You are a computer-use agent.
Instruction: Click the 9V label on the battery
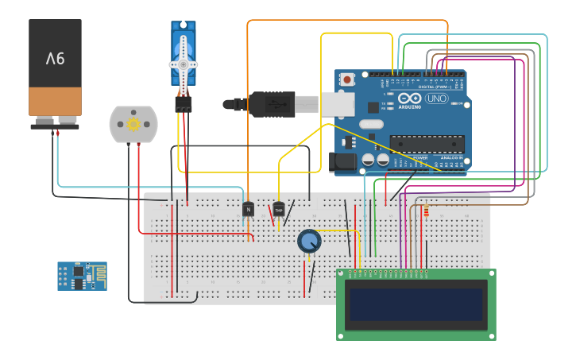pyautogui.click(x=55, y=58)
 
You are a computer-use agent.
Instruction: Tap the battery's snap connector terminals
pyautogui.click(x=55, y=121)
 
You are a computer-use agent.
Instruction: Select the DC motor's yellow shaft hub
pyautogui.click(x=133, y=124)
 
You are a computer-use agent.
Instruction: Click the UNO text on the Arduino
pyautogui.click(x=437, y=99)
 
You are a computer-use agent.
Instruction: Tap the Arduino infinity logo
pyautogui.click(x=411, y=99)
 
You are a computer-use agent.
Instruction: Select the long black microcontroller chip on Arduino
pyautogui.click(x=426, y=143)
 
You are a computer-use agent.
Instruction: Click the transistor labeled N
pyautogui.click(x=248, y=209)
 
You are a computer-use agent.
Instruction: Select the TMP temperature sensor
pyautogui.click(x=279, y=209)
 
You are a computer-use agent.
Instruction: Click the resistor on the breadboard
pyautogui.click(x=427, y=211)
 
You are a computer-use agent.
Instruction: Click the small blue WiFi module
pyautogui.click(x=82, y=276)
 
